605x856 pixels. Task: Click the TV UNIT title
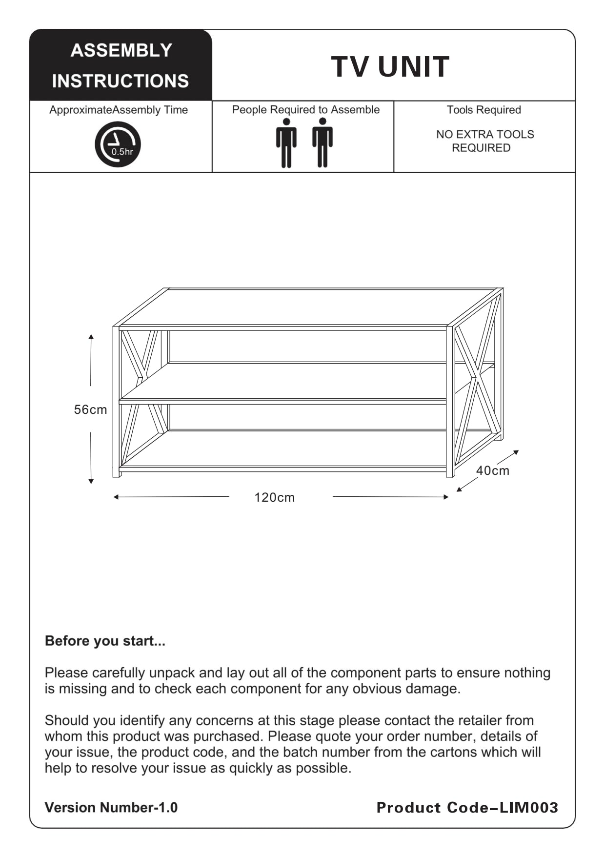pyautogui.click(x=390, y=67)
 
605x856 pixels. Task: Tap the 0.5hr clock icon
pyautogui.click(x=118, y=144)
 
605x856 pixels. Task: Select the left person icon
pyautogui.click(x=286, y=143)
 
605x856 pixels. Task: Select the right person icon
pyautogui.click(x=323, y=143)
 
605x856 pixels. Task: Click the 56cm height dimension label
pyautogui.click(x=90, y=409)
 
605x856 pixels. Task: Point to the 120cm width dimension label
pyautogui.click(x=275, y=497)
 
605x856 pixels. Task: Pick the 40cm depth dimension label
pyautogui.click(x=493, y=470)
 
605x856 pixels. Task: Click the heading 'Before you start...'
pyautogui.click(x=105, y=641)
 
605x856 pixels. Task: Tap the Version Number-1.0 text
pyautogui.click(x=111, y=808)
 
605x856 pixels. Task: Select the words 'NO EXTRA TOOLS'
pyautogui.click(x=485, y=134)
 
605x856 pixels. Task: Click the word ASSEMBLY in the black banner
pyautogui.click(x=121, y=50)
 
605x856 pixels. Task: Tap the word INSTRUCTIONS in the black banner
pyautogui.click(x=121, y=81)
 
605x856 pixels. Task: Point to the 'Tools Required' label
pyautogui.click(x=484, y=110)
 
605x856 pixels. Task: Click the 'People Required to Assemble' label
pyautogui.click(x=305, y=110)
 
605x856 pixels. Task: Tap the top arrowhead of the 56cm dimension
pyautogui.click(x=91, y=337)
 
